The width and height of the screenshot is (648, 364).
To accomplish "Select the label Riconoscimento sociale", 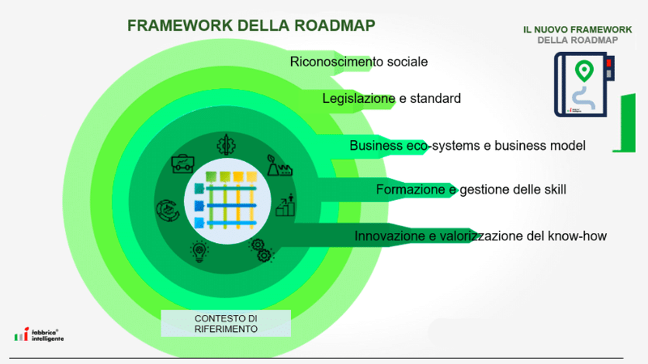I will [x=359, y=62].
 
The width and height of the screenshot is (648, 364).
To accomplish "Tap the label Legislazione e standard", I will [x=392, y=99].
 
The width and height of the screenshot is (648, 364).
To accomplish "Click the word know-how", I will [x=575, y=236].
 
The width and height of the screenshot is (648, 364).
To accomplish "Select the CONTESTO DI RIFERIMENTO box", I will [x=226, y=323].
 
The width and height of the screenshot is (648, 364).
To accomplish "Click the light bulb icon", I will [x=198, y=250].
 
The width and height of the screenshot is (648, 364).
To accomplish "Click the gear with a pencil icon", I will [x=226, y=145].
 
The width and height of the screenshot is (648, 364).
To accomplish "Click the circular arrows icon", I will [x=166, y=209].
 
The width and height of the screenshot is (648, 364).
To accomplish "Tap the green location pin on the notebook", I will [x=584, y=69].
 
